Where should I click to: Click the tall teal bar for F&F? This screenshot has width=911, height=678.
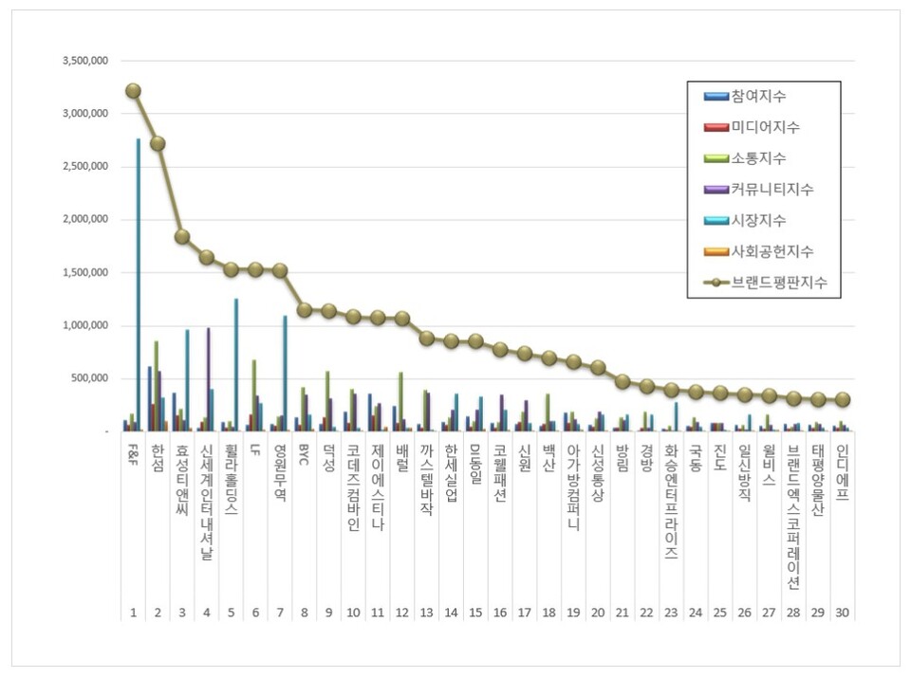tap(138, 284)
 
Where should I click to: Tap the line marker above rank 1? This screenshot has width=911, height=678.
tap(133, 91)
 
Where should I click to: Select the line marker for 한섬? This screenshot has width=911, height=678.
tap(158, 144)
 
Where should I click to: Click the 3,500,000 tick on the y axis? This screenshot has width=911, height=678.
tap(85, 61)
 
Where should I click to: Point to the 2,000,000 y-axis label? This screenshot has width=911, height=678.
tap(85, 219)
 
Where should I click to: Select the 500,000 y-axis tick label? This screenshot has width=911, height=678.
tap(92, 378)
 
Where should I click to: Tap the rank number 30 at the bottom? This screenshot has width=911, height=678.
tap(842, 612)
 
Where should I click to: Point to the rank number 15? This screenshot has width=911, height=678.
tap(475, 612)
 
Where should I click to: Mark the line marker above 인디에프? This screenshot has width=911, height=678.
tap(842, 400)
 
